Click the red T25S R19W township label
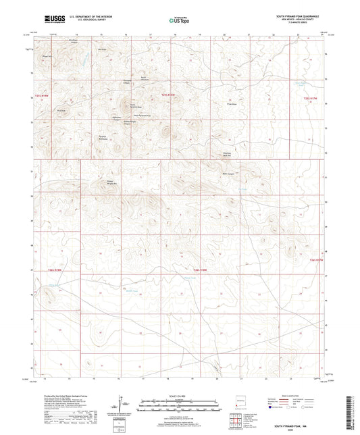coord(41,97)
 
